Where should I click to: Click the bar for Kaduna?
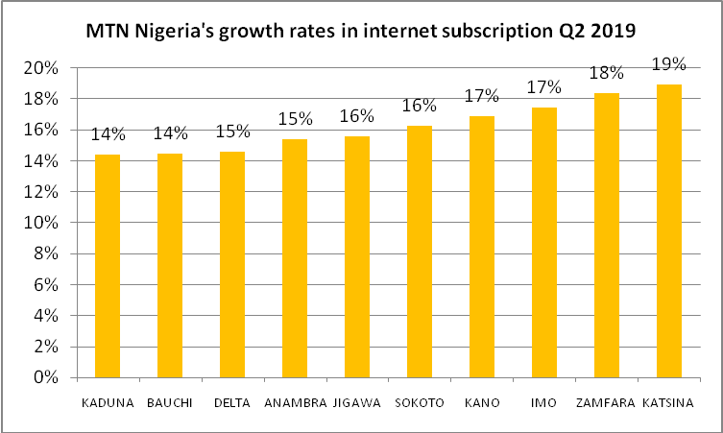107,266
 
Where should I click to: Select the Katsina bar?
668,230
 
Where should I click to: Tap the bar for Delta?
231,264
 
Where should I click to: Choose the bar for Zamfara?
606,235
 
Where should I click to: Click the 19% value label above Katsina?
668,64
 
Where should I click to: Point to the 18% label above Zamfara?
606,73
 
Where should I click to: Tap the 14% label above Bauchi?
169,133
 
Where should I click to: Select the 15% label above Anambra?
294,119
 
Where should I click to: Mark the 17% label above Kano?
481,96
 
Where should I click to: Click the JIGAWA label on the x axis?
356,402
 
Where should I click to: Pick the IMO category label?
543,402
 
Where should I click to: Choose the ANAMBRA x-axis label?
294,402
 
